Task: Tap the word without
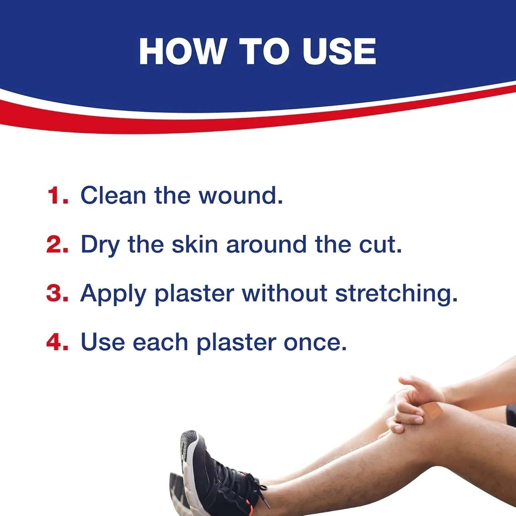point(284,293)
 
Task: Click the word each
point(160,342)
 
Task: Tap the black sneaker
point(217,475)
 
